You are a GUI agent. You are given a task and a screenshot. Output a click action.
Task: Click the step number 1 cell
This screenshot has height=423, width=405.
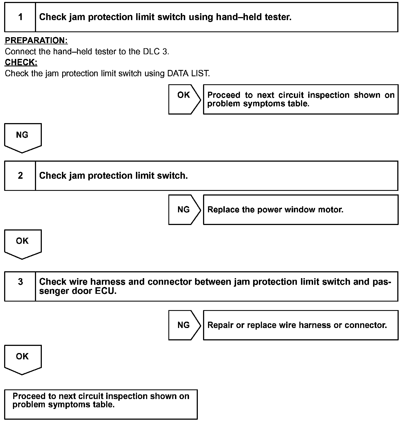20,17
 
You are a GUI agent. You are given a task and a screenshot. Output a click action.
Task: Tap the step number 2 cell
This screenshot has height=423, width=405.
20,176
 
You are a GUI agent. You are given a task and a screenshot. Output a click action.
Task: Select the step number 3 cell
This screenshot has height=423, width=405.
20,286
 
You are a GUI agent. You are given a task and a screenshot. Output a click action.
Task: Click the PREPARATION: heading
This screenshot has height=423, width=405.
36,40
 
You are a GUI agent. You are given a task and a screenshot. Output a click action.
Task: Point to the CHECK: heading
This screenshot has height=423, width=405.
21,63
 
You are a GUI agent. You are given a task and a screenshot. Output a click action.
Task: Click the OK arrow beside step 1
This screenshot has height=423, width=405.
184,99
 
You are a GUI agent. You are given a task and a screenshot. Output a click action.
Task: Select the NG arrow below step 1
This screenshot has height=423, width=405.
23,137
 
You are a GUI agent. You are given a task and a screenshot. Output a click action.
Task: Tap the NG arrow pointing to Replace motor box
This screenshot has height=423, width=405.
184,210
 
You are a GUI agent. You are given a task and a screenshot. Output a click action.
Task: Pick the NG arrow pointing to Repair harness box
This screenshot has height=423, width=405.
184,325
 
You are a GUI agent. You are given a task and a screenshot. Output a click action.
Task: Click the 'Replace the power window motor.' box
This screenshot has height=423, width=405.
300,210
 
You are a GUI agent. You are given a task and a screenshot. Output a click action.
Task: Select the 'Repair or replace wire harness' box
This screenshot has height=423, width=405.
300,325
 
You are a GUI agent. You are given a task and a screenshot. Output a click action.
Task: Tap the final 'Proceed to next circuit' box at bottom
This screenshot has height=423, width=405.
101,404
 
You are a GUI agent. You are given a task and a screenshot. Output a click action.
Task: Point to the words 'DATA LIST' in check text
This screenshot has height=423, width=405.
188,74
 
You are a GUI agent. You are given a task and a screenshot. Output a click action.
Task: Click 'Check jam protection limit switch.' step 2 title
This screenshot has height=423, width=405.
113,176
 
